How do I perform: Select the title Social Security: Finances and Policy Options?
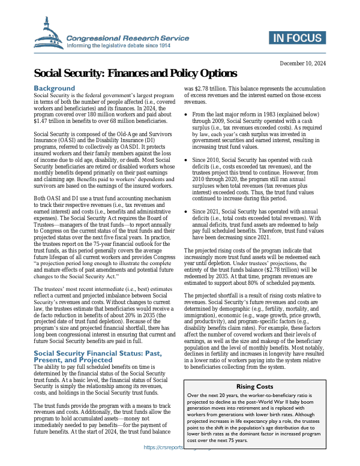(x=136, y=74)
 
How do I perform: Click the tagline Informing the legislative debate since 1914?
(x=119, y=45)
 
